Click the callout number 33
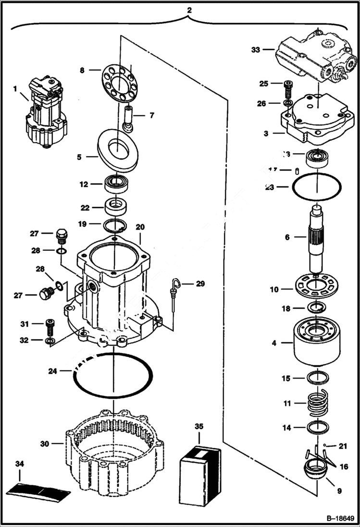(255, 49)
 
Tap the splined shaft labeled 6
(317, 238)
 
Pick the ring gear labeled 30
(113, 449)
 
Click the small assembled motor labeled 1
(46, 112)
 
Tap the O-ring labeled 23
(317, 187)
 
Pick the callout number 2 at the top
(189, 10)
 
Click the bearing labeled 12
(115, 184)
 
